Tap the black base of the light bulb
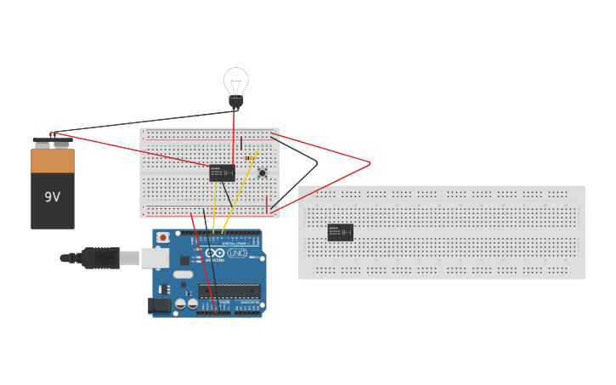click(x=235, y=102)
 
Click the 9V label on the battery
click(x=53, y=197)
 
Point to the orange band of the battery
click(x=53, y=161)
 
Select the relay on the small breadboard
click(x=222, y=173)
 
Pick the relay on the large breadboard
click(x=340, y=232)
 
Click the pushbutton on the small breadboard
click(x=262, y=173)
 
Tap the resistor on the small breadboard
click(x=248, y=157)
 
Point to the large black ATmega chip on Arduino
click(x=229, y=291)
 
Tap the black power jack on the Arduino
click(x=158, y=305)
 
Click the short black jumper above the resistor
click(x=241, y=143)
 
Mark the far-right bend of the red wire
click(x=370, y=162)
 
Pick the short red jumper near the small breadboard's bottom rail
click(x=267, y=203)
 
